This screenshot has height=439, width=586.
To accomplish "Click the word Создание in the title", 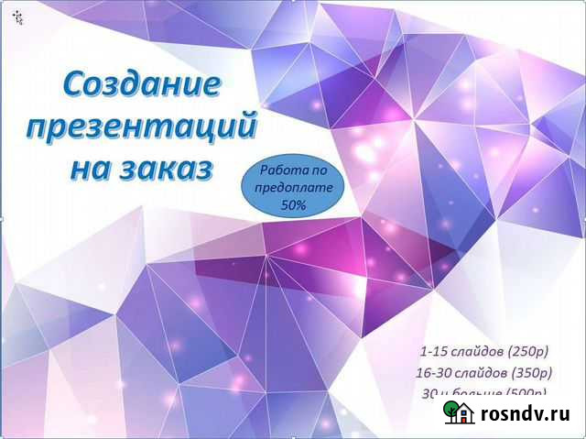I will point(143,85).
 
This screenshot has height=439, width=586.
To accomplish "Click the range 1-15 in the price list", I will point(434,351).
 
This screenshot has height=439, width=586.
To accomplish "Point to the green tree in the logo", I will point(450,412).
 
